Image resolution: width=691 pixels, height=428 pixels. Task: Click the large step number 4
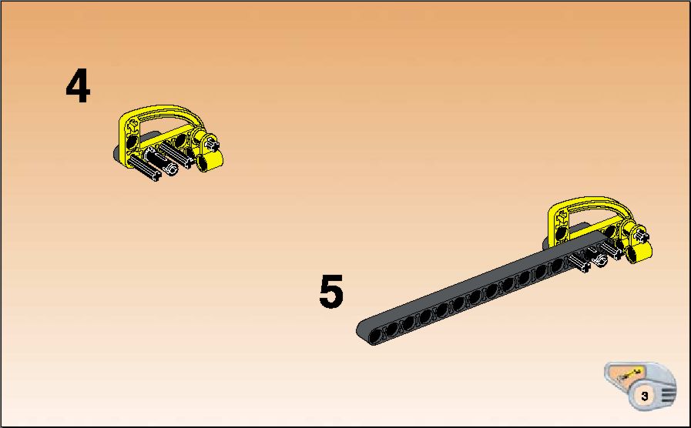(78, 86)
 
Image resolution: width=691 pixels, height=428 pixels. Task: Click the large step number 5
(331, 291)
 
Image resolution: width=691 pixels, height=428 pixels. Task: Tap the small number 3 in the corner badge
(645, 396)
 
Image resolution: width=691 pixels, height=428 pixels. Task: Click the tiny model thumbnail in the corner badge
(629, 376)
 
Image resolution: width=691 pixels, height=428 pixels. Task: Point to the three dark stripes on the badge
(668, 393)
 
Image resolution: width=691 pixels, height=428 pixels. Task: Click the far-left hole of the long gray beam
(375, 336)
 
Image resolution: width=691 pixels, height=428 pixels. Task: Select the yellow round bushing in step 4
(209, 160)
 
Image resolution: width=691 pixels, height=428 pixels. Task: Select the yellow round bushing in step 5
(639, 252)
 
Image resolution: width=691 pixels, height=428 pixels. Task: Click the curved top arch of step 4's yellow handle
(163, 112)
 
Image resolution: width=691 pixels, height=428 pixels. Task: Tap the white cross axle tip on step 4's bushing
(212, 143)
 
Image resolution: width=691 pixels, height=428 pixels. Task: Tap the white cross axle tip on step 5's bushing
(642, 235)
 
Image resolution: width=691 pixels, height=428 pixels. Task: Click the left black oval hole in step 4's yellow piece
(132, 142)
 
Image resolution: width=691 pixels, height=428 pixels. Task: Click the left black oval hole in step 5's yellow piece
(562, 233)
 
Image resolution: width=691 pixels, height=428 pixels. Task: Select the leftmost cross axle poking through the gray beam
(579, 263)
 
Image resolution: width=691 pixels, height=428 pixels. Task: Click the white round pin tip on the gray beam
(599, 261)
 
